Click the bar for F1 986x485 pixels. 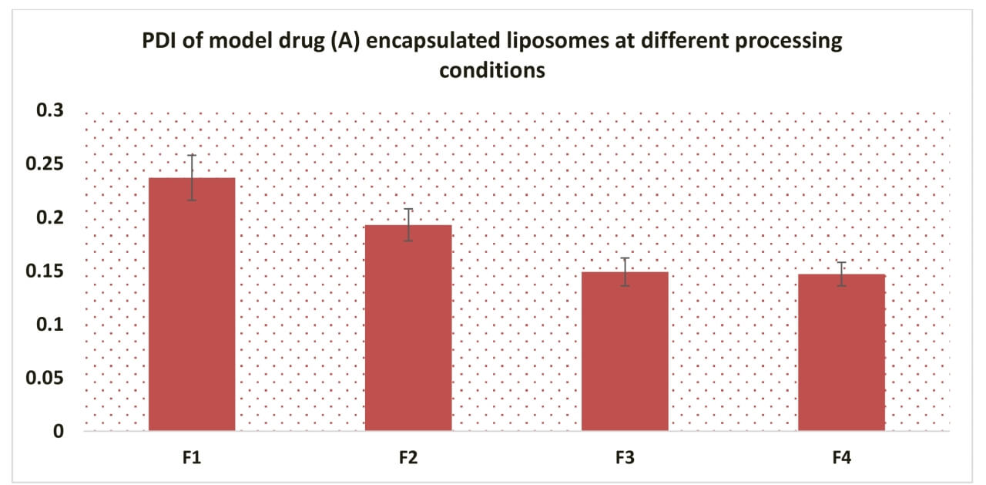(192, 304)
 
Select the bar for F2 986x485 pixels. (408, 328)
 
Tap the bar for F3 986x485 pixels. (625, 351)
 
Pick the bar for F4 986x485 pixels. (841, 352)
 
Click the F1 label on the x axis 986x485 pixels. (192, 458)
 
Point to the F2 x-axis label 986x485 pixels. (408, 458)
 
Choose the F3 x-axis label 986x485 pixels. (625, 458)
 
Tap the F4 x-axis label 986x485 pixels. (841, 458)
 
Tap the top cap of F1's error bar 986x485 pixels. (192, 155)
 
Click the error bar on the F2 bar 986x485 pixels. (408, 224)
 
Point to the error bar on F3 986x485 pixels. (625, 271)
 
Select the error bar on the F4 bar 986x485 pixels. (841, 274)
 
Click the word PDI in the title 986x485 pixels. (162, 42)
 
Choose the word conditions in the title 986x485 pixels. (492, 70)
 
